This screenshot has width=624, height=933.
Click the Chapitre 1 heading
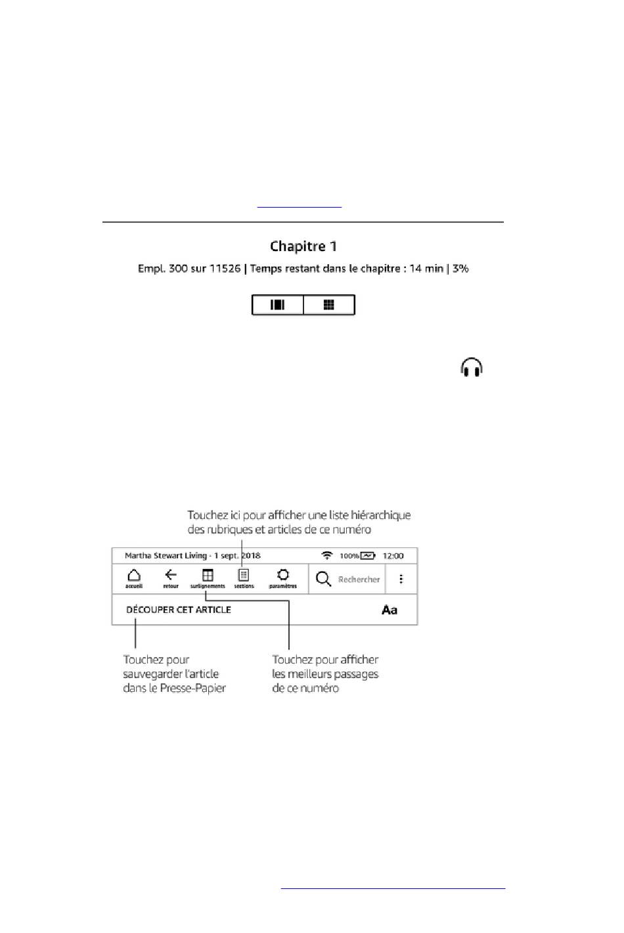pos(303,246)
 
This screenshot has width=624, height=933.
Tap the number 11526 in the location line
pos(225,269)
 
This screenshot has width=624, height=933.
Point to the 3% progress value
pos(460,269)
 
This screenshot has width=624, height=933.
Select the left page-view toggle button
pos(278,305)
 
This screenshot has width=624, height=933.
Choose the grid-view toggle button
pos(329,305)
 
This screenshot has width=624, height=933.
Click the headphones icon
pos(472,367)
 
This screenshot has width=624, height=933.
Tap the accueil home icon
pos(134,576)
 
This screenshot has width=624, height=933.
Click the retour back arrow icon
pos(171,576)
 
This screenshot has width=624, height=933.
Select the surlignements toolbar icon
pos(208,576)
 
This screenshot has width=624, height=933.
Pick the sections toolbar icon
pos(244,576)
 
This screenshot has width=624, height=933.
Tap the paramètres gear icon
pos(283,576)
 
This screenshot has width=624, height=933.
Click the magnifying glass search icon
pos(323,579)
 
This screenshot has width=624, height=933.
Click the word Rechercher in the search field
pos(359,580)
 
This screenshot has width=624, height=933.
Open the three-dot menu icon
pos(401,579)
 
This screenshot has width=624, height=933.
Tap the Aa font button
pos(390,610)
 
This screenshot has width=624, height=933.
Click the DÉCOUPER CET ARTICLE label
pos(179,610)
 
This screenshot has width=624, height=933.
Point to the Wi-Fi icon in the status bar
pos(327,556)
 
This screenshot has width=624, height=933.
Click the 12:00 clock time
pos(393,556)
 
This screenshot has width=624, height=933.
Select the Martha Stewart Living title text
pos(166,556)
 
